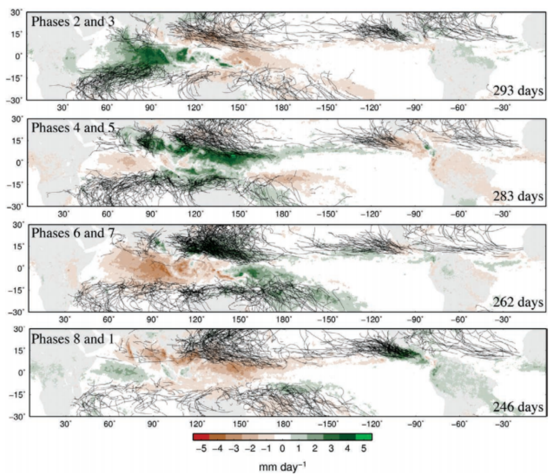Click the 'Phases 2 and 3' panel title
point(73,21)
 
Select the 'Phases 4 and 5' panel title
point(73,128)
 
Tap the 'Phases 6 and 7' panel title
point(73,233)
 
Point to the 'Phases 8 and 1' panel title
point(73,339)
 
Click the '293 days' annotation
point(518,90)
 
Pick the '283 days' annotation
point(518,196)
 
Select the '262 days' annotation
point(518,302)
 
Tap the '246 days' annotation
point(518,407)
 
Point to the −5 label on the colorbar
point(201,448)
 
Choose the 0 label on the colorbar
point(283,448)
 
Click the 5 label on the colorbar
point(364,448)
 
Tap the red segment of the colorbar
point(201,437)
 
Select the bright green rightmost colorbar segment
point(364,437)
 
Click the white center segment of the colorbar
point(283,437)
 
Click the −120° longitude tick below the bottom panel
point(372,424)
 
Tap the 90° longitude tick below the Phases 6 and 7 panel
point(152,320)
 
